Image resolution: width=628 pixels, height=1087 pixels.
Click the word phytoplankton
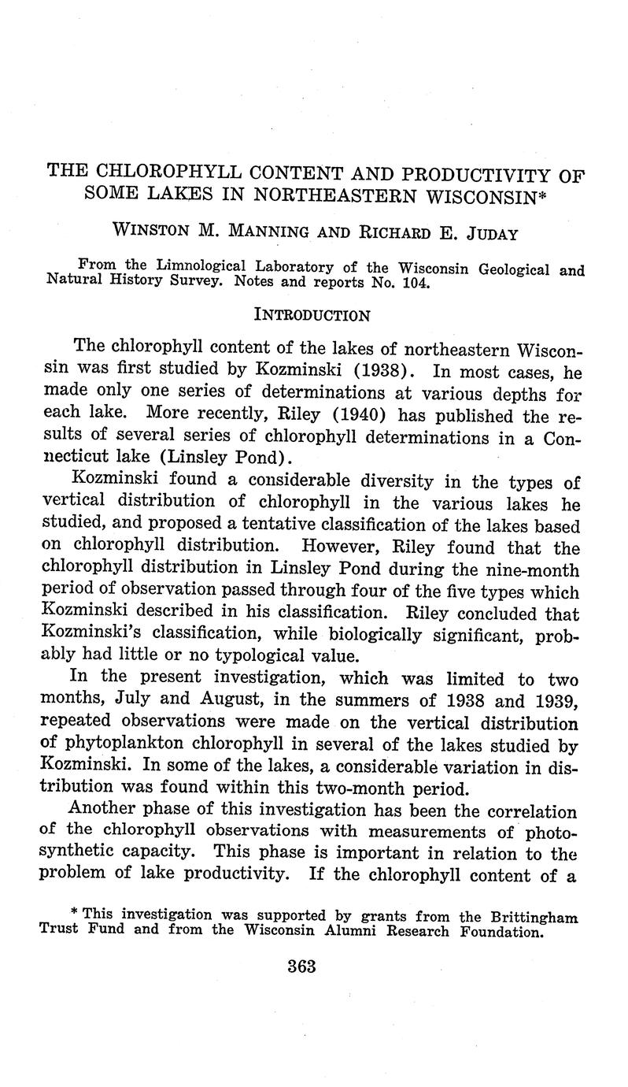pos(138,743)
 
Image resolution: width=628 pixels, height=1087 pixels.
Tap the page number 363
pos(301,966)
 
